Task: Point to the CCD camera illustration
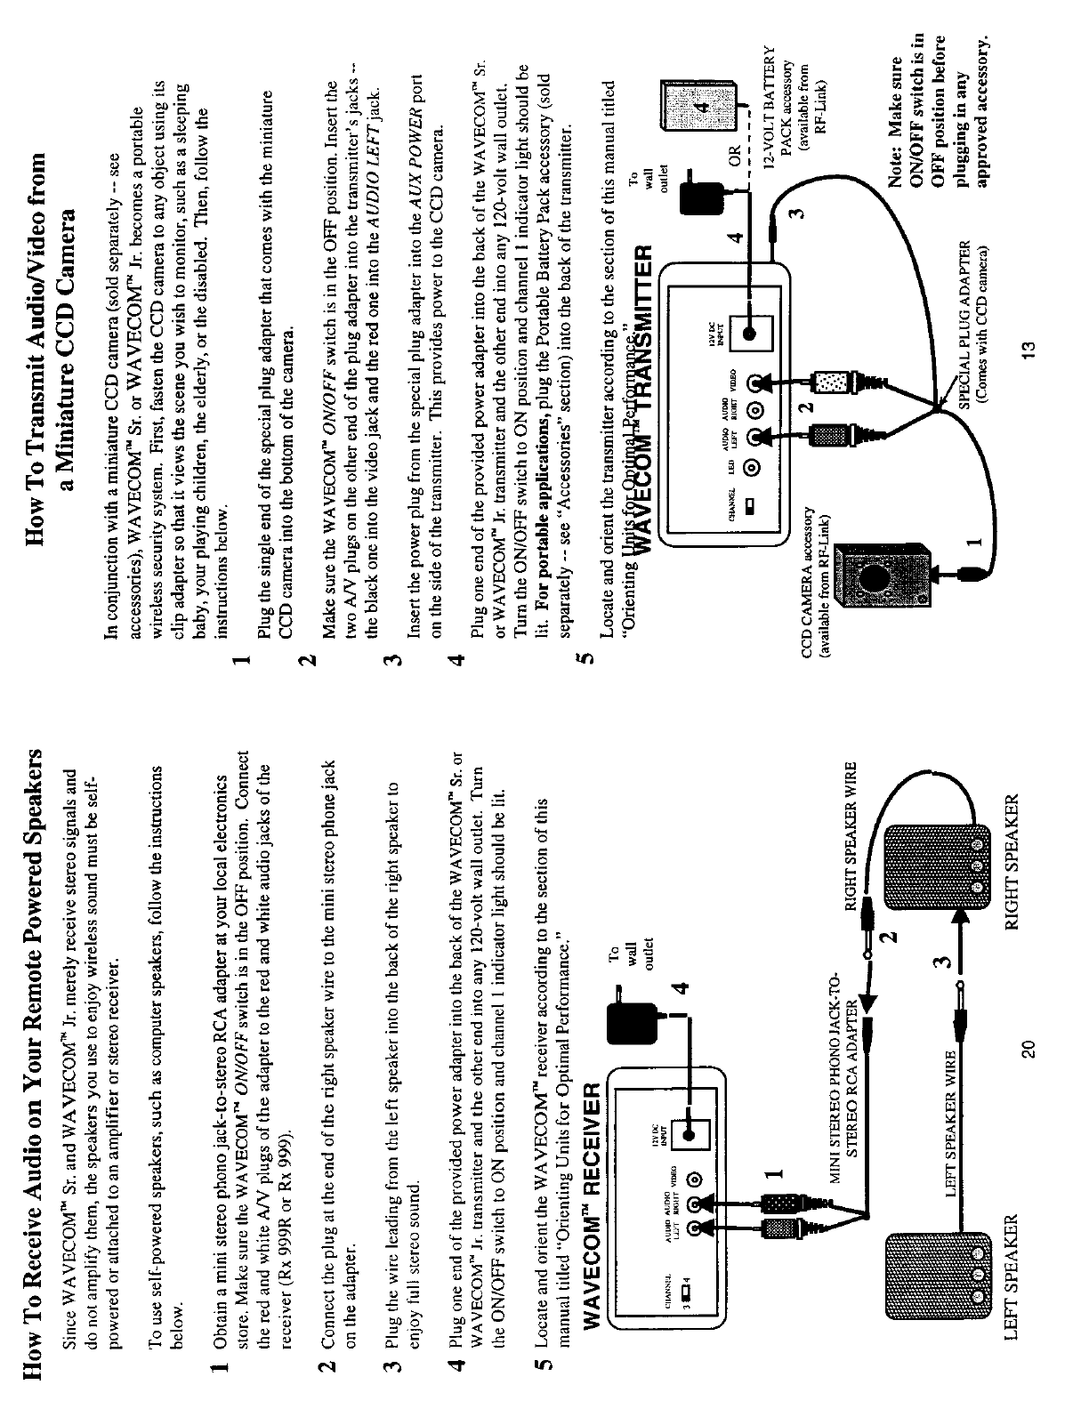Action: (x=881, y=579)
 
